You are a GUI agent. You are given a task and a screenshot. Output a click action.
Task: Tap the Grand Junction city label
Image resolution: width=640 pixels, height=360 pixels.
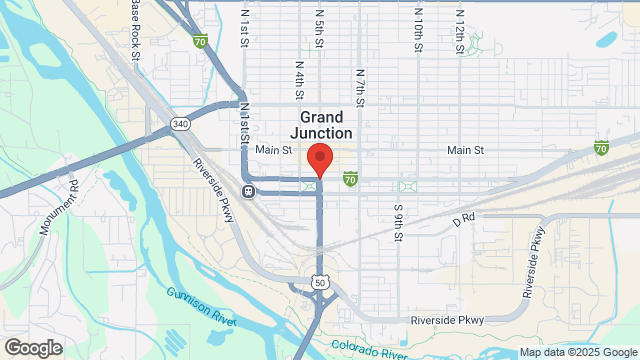tap(321, 125)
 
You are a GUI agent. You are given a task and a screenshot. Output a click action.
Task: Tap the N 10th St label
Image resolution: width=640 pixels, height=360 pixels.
tap(419, 28)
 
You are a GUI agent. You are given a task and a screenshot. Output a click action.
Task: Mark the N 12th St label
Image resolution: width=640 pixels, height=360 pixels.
tap(459, 28)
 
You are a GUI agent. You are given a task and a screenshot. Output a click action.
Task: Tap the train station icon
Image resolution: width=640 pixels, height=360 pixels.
tap(247, 191)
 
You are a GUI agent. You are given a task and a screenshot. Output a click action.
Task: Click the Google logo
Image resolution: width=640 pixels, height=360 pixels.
tap(32, 347)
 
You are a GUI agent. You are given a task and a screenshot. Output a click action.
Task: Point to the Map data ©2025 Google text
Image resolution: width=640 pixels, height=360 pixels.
tap(577, 352)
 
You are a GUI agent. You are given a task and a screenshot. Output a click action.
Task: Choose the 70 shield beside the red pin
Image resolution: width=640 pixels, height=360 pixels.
tap(350, 179)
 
